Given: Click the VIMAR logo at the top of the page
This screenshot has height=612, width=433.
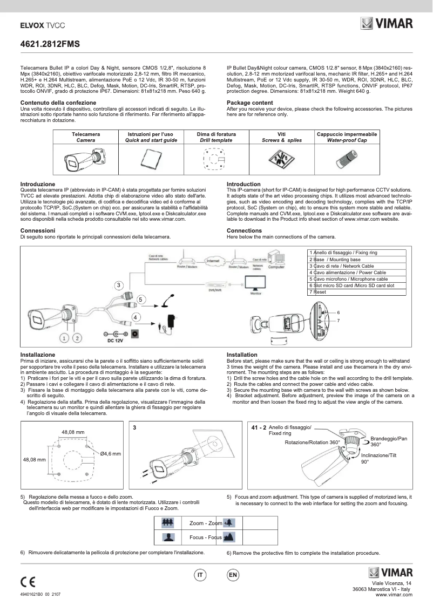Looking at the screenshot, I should pyautogui.click(x=387, y=24).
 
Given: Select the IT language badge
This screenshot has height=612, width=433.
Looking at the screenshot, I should pyautogui.click(x=200, y=575).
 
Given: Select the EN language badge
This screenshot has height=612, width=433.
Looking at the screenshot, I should pyautogui.click(x=233, y=575).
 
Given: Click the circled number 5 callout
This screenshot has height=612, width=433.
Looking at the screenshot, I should pyautogui.click(x=140, y=298).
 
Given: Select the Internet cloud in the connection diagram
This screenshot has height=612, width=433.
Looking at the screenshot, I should pyautogui.click(x=214, y=261).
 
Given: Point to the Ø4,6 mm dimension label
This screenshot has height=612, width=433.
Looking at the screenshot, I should pyautogui.click(x=110, y=454).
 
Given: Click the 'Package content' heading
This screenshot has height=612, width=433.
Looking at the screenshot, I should pyautogui.click(x=249, y=103).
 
